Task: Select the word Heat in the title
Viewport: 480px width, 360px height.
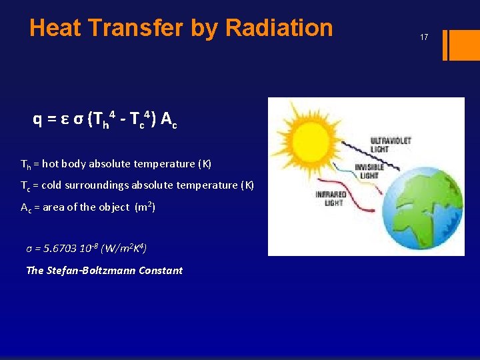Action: (55, 28)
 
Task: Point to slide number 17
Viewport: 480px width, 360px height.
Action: (424, 38)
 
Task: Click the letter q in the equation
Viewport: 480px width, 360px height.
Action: (38, 120)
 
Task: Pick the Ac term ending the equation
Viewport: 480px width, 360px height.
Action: (169, 120)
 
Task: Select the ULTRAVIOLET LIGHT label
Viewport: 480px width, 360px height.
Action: (391, 145)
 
